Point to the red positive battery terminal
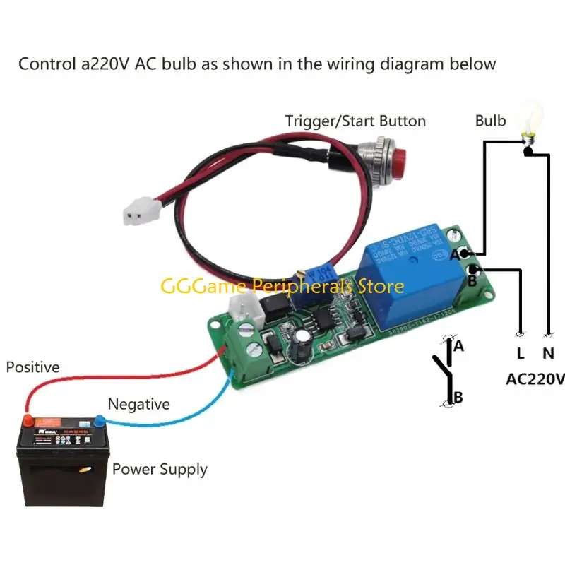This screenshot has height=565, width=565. click(x=28, y=421)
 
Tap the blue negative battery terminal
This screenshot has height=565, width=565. click(x=100, y=421)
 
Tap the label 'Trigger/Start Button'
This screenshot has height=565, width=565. click(x=355, y=121)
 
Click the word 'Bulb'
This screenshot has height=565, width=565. click(x=490, y=121)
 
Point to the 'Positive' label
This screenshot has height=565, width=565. click(x=33, y=367)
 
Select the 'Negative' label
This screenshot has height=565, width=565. click(x=138, y=405)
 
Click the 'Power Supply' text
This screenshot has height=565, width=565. click(x=160, y=469)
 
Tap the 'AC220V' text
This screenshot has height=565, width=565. click(x=535, y=379)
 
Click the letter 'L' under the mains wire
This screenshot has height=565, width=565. click(x=521, y=353)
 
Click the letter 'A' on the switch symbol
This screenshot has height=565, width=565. click(x=458, y=346)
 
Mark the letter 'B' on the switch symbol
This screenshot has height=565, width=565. click(x=458, y=398)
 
